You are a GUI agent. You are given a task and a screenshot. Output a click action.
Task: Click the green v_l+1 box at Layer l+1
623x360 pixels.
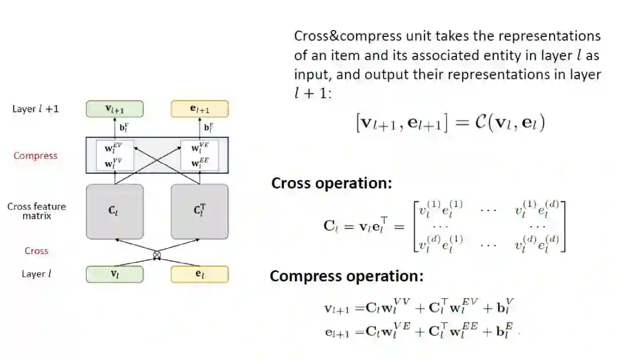pos(114,109)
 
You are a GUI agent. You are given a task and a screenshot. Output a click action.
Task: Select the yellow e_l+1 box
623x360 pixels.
pos(200,109)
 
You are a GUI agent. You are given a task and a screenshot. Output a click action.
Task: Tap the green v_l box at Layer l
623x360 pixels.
pos(114,274)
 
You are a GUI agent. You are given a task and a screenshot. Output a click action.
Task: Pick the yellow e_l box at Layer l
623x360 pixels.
pos(200,274)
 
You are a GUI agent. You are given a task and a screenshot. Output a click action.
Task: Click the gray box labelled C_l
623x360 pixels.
pos(114,211)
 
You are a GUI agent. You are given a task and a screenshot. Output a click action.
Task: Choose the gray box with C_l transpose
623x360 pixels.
pos(200,211)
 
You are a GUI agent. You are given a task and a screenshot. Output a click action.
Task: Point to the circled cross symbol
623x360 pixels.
pos(157,254)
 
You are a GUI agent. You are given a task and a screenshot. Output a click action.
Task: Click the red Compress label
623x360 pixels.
pos(36,156)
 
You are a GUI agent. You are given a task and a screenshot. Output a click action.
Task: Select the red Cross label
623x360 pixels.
pos(36,251)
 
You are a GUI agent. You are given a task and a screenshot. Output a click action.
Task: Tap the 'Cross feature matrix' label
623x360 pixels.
pos(37,211)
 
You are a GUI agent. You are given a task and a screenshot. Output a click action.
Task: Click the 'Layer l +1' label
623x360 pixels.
pos(36,108)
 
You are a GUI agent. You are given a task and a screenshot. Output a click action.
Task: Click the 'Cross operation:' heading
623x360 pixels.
pos(332,183)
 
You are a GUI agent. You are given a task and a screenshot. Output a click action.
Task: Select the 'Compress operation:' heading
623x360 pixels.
pos(347,276)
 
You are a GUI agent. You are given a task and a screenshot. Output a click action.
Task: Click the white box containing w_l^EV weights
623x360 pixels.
pos(115,155)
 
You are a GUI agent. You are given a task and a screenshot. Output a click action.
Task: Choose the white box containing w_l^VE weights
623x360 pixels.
pos(200,155)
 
